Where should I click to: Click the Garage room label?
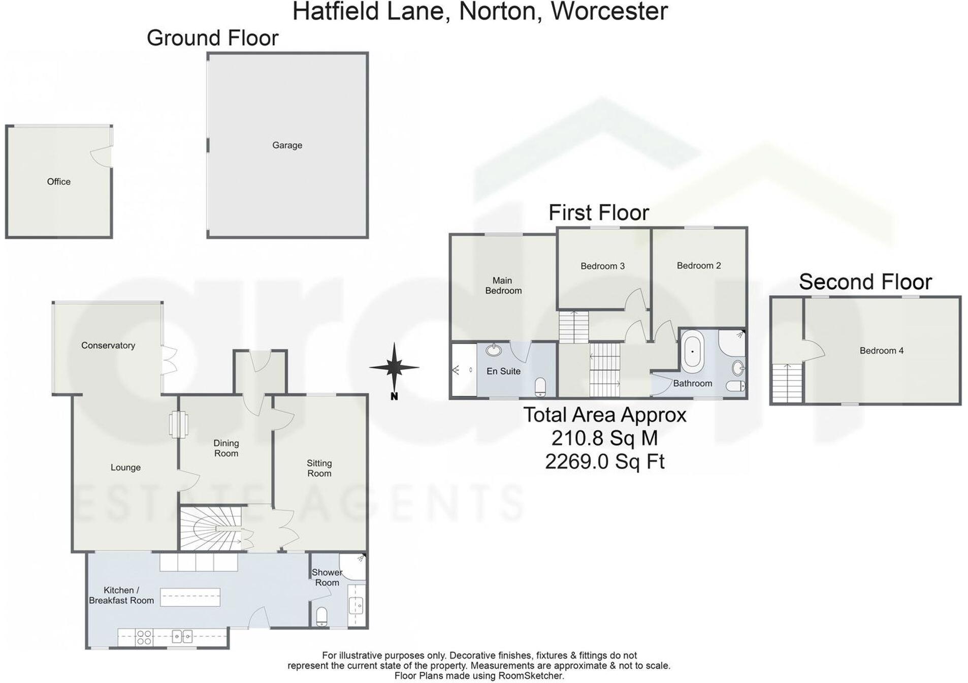287,145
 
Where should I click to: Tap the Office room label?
58,181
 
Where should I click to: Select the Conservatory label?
108,346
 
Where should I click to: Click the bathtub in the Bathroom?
692,351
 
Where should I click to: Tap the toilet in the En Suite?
540,386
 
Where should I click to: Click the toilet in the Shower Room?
322,616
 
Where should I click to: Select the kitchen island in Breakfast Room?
190,597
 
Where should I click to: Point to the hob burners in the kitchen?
144,637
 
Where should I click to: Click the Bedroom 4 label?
881,351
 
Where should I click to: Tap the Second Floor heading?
865,282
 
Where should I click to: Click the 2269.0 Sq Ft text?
604,461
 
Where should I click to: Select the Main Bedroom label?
503,286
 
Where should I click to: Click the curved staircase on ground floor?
211,529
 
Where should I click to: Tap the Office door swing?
102,156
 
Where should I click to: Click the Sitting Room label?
319,468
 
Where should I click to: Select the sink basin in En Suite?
493,350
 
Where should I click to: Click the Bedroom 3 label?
602,266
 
